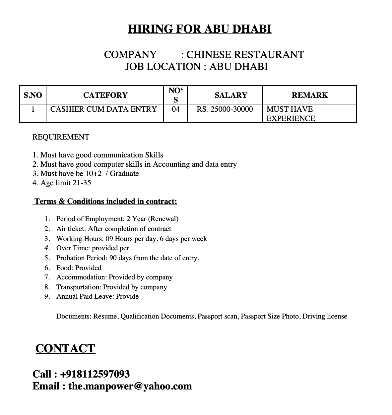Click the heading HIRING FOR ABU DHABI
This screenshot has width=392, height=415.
[200, 29]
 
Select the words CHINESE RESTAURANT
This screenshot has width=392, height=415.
[245, 55]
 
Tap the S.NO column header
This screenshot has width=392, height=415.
[33, 95]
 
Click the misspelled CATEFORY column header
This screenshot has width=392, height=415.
[105, 95]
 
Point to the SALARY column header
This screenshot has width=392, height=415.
[231, 95]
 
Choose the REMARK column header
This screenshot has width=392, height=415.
[309, 95]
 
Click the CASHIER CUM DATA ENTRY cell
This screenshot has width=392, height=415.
[103, 109]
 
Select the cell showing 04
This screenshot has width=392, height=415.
[175, 109]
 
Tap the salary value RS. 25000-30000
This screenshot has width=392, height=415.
[225, 109]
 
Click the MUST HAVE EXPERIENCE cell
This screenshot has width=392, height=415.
[291, 114]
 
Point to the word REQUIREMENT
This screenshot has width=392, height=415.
[61, 137]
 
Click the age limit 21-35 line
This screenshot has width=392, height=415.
[62, 183]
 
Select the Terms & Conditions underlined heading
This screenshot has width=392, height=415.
[105, 202]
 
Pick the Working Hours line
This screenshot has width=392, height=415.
[131, 239]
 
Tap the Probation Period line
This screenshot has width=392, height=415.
[128, 258]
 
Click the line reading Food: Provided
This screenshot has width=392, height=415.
[79, 268]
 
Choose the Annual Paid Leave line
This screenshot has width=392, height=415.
[98, 296]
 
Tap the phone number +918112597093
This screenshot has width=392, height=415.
[95, 374]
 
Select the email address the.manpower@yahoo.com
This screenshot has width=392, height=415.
[130, 386]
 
